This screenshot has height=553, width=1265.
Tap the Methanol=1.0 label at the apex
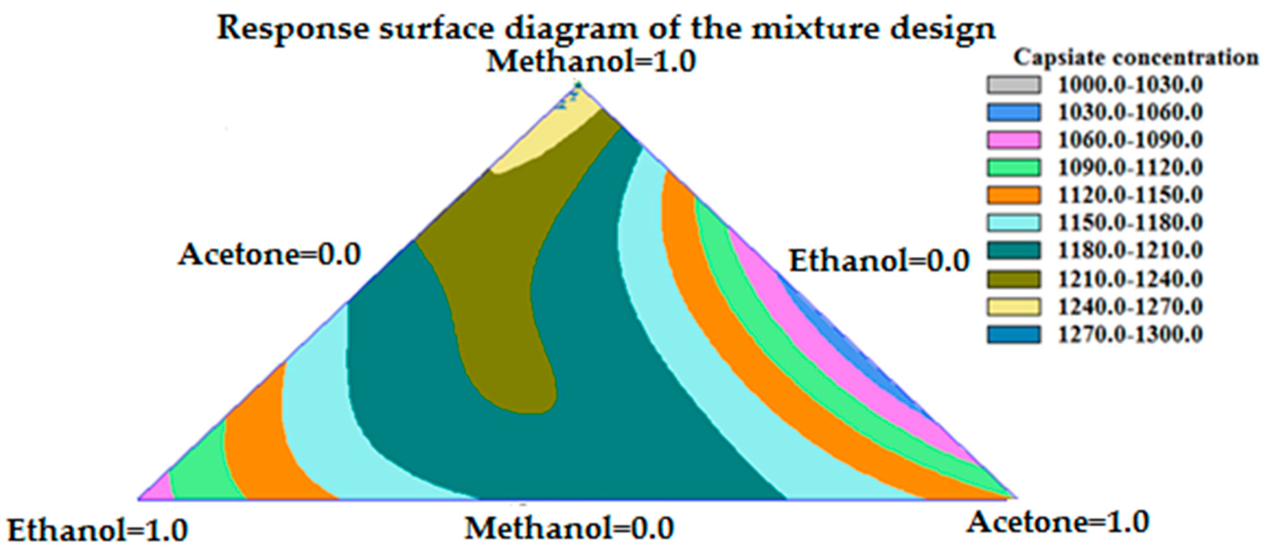pos(591,62)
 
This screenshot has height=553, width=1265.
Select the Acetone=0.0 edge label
pos(270,255)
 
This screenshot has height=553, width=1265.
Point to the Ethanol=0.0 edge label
pos(879,261)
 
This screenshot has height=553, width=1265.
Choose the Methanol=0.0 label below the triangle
pos(569,529)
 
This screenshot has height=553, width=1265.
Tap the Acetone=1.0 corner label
pos(1058,522)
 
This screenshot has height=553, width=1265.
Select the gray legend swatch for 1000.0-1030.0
pos(1014,85)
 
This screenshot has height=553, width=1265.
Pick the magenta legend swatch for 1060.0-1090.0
pos(1014,140)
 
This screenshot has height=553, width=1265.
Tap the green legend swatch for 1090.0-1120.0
pos(1014,167)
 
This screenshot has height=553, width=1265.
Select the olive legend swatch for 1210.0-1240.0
pos(1014,279)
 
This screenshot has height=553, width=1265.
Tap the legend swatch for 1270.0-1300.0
pos(1014,335)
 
